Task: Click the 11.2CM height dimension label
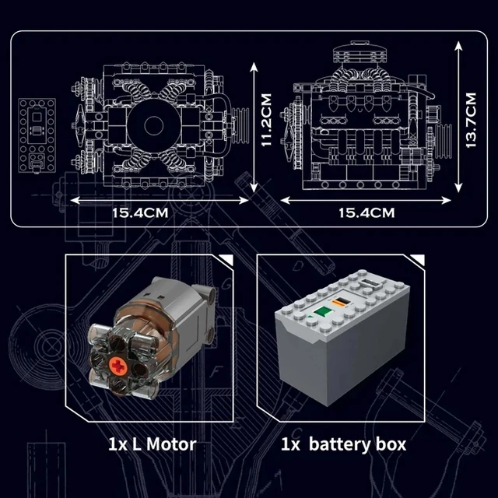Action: (x=266, y=124)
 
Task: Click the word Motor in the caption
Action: (x=169, y=445)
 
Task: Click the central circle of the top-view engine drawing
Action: (x=149, y=124)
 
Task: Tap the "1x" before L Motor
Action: (x=117, y=445)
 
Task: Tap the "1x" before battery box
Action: (x=290, y=445)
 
